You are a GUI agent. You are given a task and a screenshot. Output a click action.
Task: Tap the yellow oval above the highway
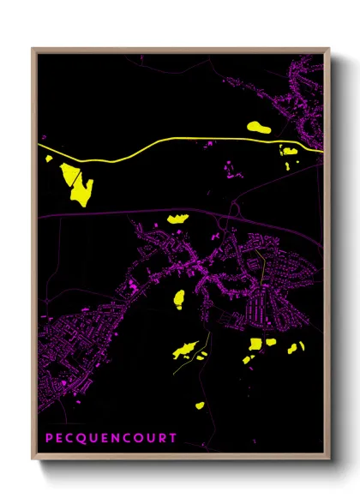tap(259, 128)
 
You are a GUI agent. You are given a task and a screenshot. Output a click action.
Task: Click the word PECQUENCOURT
tap(111, 439)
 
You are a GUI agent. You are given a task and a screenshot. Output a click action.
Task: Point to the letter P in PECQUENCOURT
tap(49, 439)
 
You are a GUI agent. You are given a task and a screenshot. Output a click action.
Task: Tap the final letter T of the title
tap(172, 439)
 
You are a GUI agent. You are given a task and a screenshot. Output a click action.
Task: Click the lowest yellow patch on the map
tap(200, 405)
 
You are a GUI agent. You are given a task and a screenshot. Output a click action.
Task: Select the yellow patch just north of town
tap(177, 219)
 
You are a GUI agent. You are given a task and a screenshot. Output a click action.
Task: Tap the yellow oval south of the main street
tap(179, 298)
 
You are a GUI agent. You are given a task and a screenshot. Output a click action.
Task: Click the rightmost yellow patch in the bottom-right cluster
tap(301, 347)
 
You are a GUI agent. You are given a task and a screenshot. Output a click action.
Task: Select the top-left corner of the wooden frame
tap(33, 50)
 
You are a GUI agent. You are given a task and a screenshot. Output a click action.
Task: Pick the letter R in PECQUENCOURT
tap(160, 439)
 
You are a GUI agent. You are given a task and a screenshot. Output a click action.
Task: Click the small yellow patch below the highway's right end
tap(289, 152)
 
